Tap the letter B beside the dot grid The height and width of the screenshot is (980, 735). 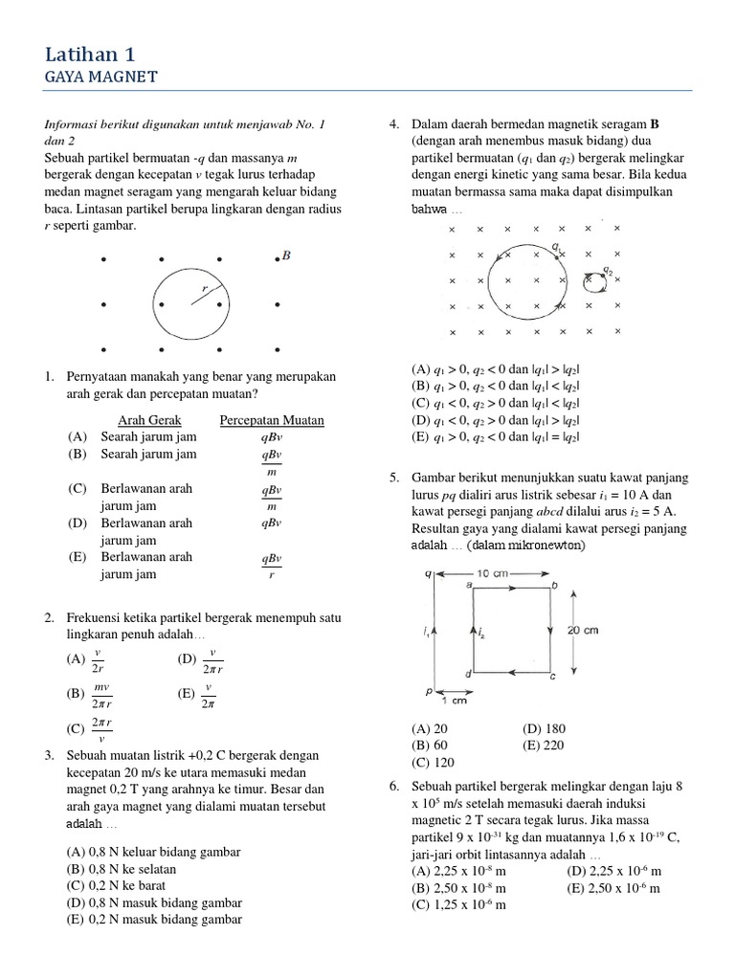pos(285,256)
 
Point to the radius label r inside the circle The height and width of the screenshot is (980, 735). pos(204,287)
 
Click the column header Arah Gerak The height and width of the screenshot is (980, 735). pos(149,420)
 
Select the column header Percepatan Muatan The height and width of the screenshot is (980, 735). pos(272,420)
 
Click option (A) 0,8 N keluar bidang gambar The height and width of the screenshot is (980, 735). pos(152,851)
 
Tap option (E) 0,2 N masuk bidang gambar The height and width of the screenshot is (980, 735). pos(153,920)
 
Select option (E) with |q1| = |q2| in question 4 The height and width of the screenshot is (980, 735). pos(497,436)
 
